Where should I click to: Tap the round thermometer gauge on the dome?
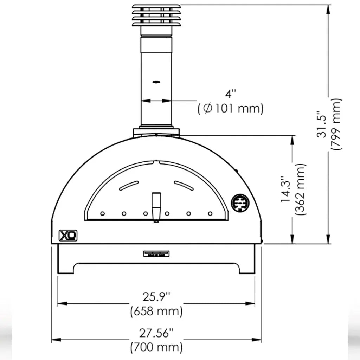pyautogui.click(x=240, y=202)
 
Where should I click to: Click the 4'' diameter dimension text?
pyautogui.click(x=231, y=94)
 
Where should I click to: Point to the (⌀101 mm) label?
pyautogui.click(x=230, y=109)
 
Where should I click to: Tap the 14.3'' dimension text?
pyautogui.click(x=285, y=190)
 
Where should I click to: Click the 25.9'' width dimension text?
pyautogui.click(x=156, y=297)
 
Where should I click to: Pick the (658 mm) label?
pyautogui.click(x=156, y=311)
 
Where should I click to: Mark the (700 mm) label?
pyautogui.click(x=156, y=347)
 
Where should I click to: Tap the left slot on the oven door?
pyautogui.click(x=129, y=185)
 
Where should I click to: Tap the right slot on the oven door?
pyautogui.click(x=184, y=185)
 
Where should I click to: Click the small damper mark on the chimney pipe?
pyautogui.click(x=156, y=82)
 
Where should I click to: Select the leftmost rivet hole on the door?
pyautogui.click(x=102, y=213)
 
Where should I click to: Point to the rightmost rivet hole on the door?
pyautogui.click(x=210, y=213)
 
